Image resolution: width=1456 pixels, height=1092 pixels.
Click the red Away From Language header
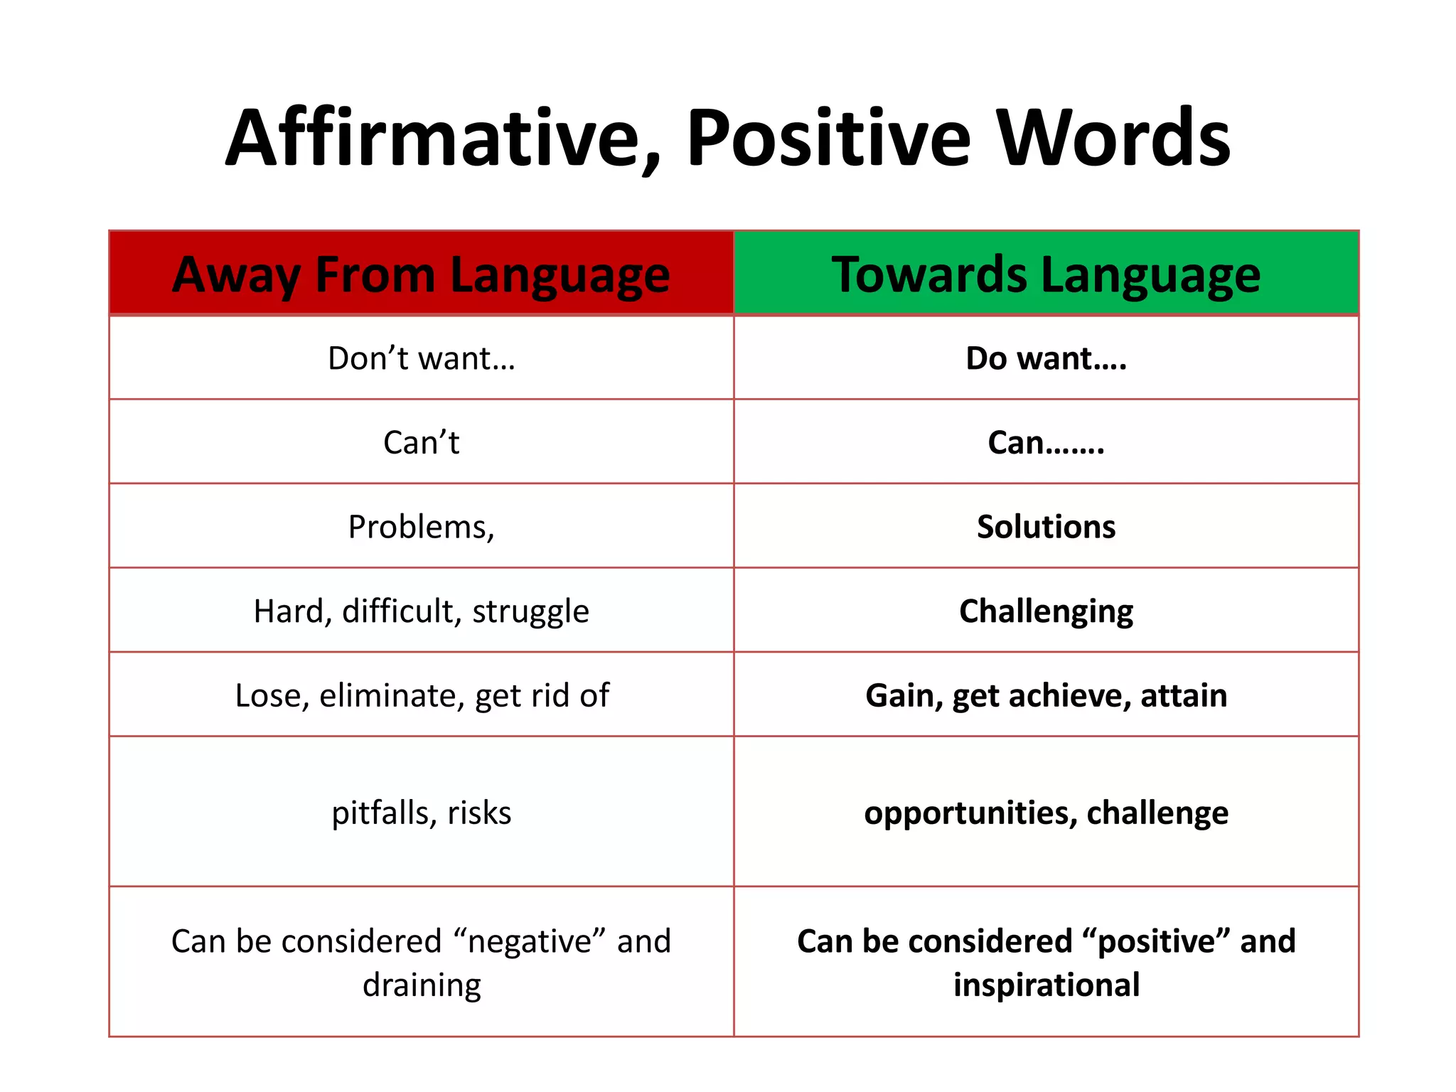click(x=421, y=274)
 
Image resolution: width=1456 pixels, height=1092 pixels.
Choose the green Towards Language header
click(x=1046, y=274)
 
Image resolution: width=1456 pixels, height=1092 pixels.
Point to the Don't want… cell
click(x=421, y=358)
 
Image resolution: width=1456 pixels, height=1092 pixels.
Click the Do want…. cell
click(x=1046, y=358)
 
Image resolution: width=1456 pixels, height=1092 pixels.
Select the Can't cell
click(x=421, y=442)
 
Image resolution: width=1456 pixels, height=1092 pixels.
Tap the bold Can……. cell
click(x=1046, y=442)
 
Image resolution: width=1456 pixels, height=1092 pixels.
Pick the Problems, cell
click(x=421, y=527)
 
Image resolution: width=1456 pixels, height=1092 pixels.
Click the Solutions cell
click(x=1046, y=527)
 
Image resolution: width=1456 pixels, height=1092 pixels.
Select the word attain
click(x=1184, y=695)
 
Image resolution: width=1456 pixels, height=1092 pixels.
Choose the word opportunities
click(x=966, y=813)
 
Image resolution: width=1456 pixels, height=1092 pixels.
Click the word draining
click(x=422, y=985)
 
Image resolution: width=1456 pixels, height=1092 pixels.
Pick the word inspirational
click(x=1046, y=985)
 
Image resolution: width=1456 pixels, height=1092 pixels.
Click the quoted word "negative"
click(x=530, y=941)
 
